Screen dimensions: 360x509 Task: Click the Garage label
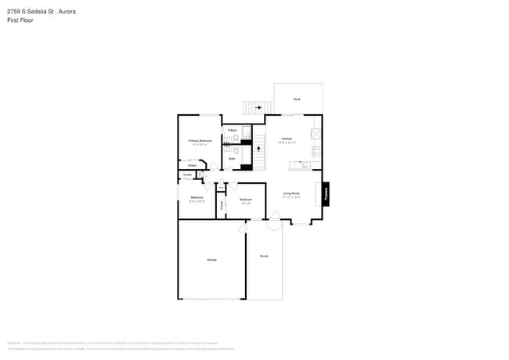point(211,259)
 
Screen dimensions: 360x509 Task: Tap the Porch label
point(264,256)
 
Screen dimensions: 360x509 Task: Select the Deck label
point(297,99)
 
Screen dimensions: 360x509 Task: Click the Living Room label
point(291,194)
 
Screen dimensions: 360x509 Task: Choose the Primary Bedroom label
point(200,141)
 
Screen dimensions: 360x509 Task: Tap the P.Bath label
point(233,130)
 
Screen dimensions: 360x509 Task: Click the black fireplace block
point(326,194)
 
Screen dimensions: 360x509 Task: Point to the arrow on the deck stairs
point(258,107)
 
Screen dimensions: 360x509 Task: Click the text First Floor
point(20,21)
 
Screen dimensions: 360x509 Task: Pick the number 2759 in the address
point(14,12)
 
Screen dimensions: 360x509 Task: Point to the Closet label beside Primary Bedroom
point(192,165)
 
